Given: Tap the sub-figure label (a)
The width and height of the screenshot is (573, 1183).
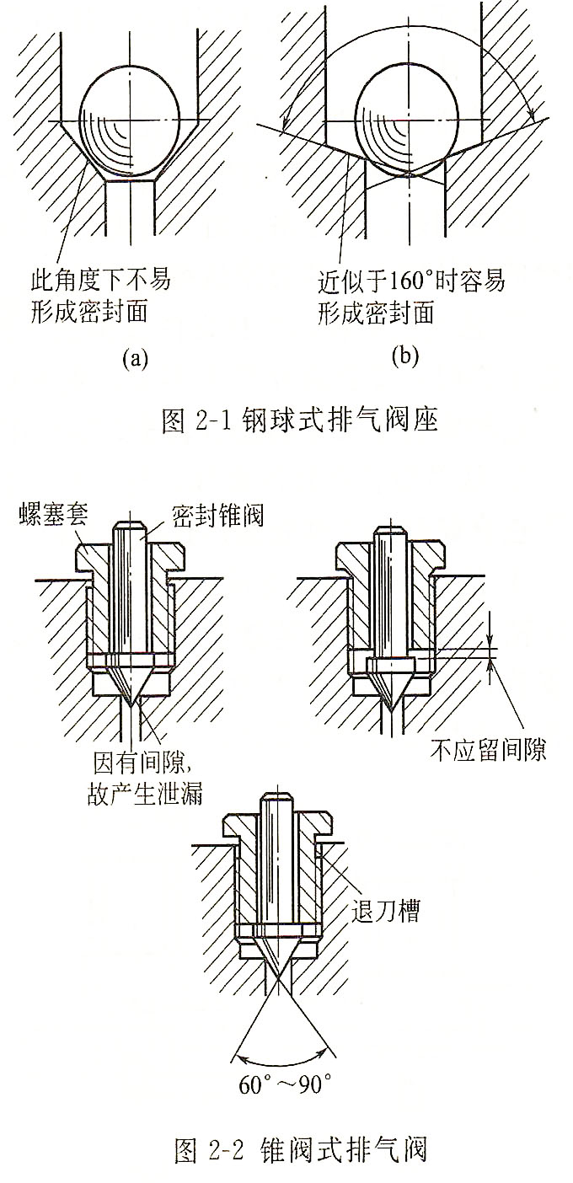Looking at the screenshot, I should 135,359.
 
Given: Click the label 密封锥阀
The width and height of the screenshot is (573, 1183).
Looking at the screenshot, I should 217,515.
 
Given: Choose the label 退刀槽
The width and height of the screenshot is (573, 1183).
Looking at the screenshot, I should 386,911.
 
